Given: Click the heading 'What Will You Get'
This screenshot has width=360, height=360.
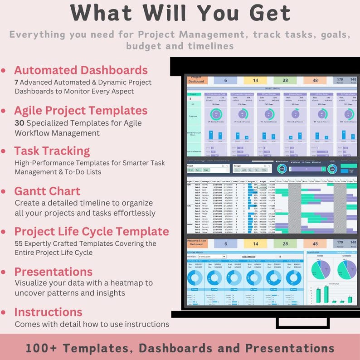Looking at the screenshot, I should click(180, 13).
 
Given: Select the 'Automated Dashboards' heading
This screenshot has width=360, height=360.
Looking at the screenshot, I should click(81, 70).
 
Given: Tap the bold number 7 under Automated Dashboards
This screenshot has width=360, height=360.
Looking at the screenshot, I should click(17, 82).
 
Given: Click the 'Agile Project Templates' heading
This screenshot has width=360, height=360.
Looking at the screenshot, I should click(81, 111).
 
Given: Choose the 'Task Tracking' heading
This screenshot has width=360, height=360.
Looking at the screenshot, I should click(52, 151).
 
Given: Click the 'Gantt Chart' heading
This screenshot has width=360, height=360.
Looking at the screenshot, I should click(47, 191).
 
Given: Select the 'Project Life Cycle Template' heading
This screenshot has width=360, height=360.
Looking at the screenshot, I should click(92, 231).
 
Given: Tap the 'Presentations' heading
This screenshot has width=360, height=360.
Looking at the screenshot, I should click(53, 272).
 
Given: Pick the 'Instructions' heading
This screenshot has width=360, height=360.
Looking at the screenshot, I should click(48, 312).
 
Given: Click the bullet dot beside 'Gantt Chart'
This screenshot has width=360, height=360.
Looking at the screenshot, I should click(4, 191).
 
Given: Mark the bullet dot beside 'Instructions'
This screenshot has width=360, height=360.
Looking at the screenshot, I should click(4, 312).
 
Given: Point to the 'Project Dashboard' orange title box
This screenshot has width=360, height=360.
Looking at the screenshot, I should click(197, 80).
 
